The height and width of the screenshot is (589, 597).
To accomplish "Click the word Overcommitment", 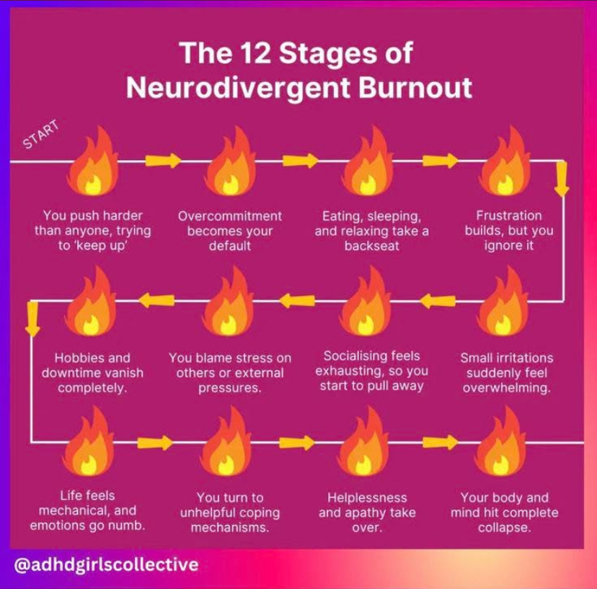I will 230,216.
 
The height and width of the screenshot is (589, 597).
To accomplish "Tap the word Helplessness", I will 367,498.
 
